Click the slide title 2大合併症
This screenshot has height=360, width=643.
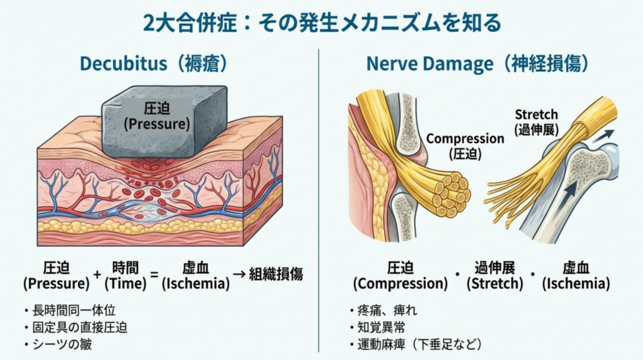pos(321,23)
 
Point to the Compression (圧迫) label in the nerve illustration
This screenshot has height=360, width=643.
pos(465,146)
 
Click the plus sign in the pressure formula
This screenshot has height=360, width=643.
pos(97,275)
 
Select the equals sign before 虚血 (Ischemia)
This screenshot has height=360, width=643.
pos(151,275)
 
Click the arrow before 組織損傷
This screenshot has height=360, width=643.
pos(238,275)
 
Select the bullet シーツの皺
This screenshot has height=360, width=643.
pos(61,344)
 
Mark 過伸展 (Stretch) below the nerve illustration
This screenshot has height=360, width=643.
pos(494,275)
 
